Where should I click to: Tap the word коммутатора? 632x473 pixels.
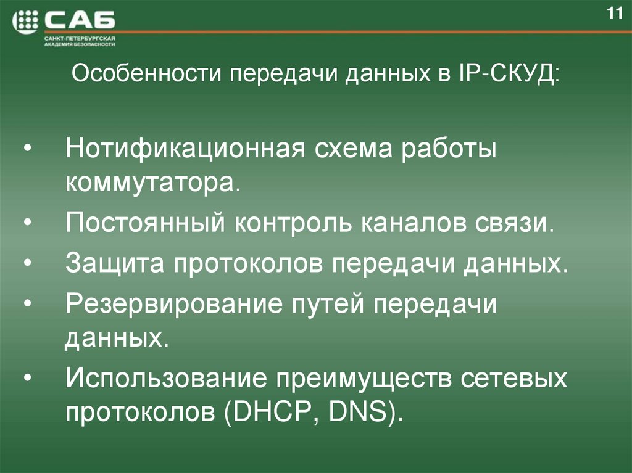point(151,183)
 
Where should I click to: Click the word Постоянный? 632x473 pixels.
point(146,221)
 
